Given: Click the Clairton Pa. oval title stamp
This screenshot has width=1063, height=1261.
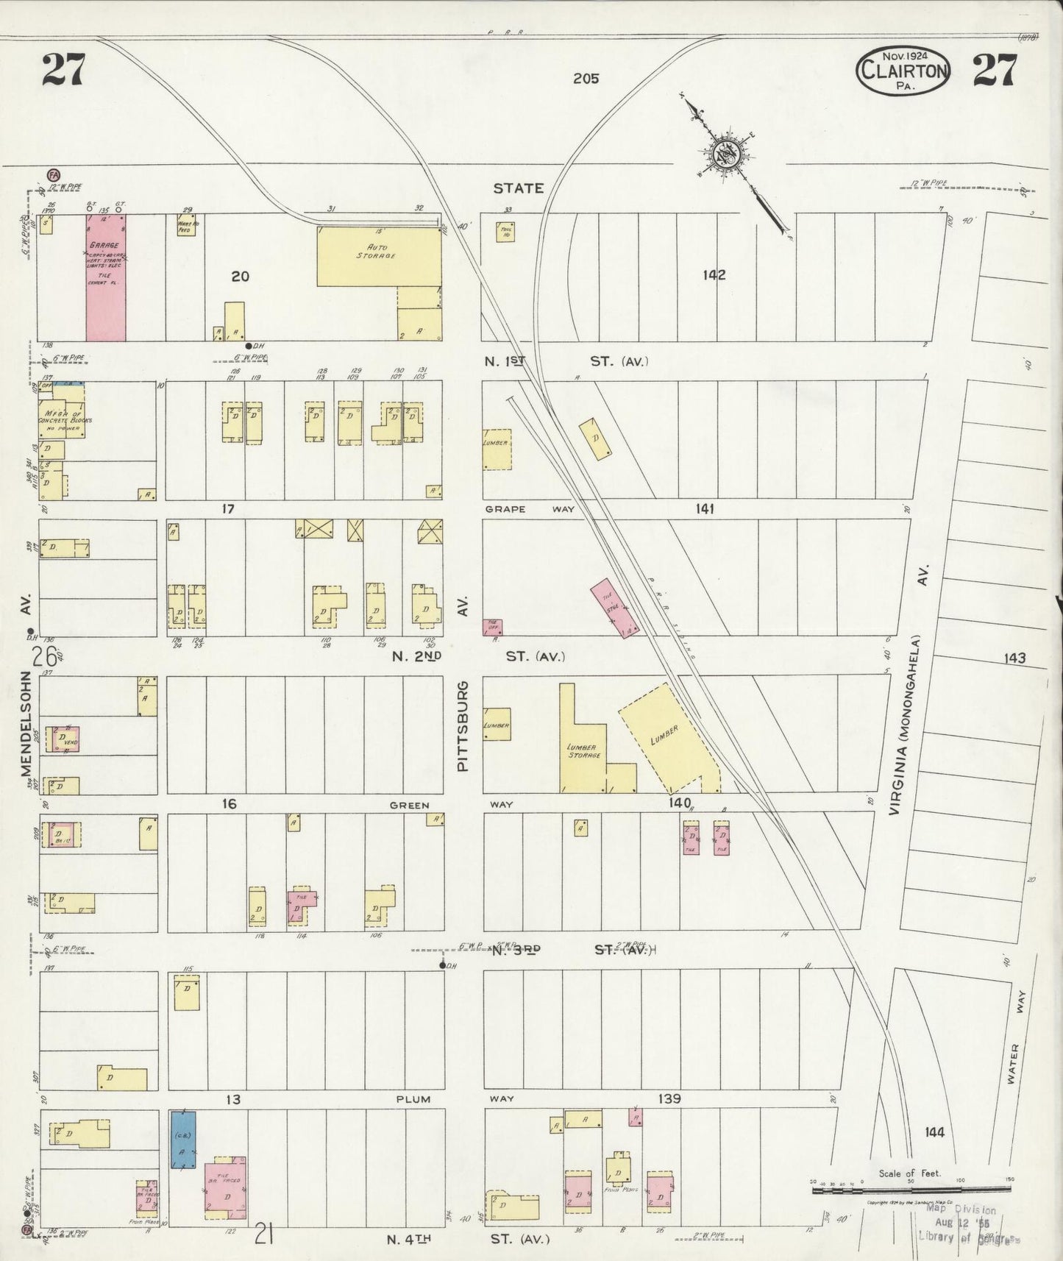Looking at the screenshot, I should point(902,69).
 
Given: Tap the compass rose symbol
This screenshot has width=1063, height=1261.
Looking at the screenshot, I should point(721,155).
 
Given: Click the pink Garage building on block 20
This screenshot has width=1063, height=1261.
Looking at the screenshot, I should point(106,277).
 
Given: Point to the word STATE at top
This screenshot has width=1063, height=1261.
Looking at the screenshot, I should point(519,188).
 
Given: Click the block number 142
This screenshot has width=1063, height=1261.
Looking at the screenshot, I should point(714,275).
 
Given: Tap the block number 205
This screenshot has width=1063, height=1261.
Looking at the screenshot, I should point(586,78).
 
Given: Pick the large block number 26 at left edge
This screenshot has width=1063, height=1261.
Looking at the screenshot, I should point(39,656).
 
